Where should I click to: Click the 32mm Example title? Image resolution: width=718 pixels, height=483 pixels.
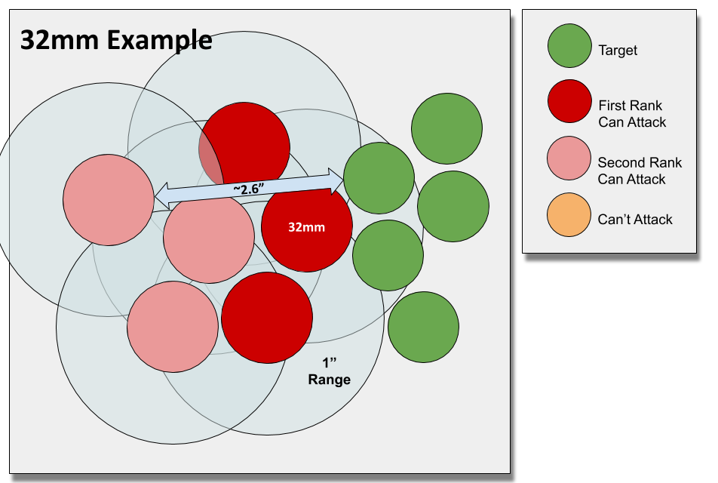coord(115,40)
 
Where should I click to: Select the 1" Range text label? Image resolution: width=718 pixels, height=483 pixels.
coord(329,372)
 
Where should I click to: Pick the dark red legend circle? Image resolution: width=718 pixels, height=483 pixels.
coord(569,101)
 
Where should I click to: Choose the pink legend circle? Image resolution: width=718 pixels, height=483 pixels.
coord(569,158)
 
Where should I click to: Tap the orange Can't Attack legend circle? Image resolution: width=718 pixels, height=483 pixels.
coord(569,215)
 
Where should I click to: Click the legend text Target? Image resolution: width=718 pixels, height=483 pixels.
coord(618,51)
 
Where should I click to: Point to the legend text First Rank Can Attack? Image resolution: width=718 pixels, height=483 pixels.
coord(632,113)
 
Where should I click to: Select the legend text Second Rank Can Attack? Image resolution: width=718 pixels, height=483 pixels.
coord(639,171)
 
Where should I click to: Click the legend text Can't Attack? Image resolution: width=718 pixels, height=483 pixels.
coord(635,220)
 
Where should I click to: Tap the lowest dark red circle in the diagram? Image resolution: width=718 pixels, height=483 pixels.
coord(267,318)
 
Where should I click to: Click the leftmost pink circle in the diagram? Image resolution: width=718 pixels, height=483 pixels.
coord(108,199)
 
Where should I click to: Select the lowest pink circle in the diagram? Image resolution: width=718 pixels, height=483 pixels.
coord(173,326)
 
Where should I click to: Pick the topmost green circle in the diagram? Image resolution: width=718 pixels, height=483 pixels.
coord(446,129)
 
